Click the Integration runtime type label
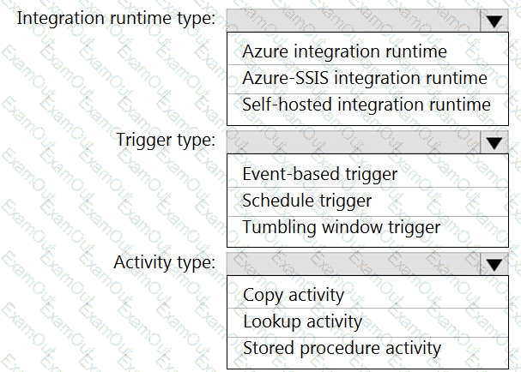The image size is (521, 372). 116,18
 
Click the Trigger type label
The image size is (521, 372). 166,140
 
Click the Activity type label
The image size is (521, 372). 165,262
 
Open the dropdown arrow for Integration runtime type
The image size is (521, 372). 494,21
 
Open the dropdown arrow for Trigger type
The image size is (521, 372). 494,142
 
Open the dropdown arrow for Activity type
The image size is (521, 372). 494,265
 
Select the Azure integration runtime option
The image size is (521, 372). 344,51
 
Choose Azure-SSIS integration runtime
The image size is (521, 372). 365,78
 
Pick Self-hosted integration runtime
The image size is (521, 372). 367,105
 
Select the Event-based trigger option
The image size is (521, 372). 319,175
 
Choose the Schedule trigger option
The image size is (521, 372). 307,201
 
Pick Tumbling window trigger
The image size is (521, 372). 342,228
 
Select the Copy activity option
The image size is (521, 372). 294,296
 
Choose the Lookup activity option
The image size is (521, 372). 302,322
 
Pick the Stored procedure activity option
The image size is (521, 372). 342,349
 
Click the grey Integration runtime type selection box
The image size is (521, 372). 354,21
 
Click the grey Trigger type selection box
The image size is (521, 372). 354,142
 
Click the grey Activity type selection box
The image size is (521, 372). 354,265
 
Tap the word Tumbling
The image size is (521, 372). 279,228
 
